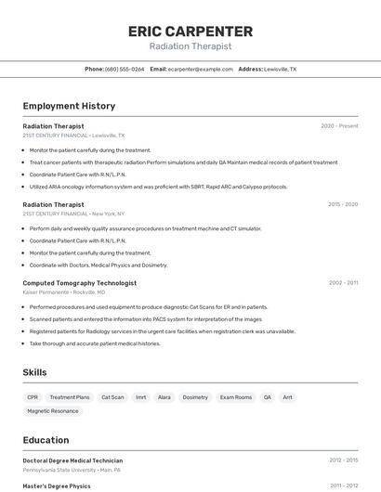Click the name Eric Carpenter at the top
point(190,31)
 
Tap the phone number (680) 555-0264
point(125,69)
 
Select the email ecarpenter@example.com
point(201,69)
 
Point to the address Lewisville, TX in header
point(280,69)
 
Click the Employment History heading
point(69,106)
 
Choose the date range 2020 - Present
point(339,126)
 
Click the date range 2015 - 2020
point(343,204)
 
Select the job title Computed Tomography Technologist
point(79,283)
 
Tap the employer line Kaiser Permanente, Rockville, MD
point(64,291)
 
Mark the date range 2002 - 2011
point(343,283)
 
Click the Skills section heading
point(34,372)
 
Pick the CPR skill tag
point(33,397)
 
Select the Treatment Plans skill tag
point(70,397)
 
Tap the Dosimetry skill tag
point(195,397)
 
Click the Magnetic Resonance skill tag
point(53,410)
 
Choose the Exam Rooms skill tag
point(236,397)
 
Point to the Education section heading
point(46,440)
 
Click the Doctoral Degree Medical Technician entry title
point(72,460)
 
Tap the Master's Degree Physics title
point(57,486)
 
